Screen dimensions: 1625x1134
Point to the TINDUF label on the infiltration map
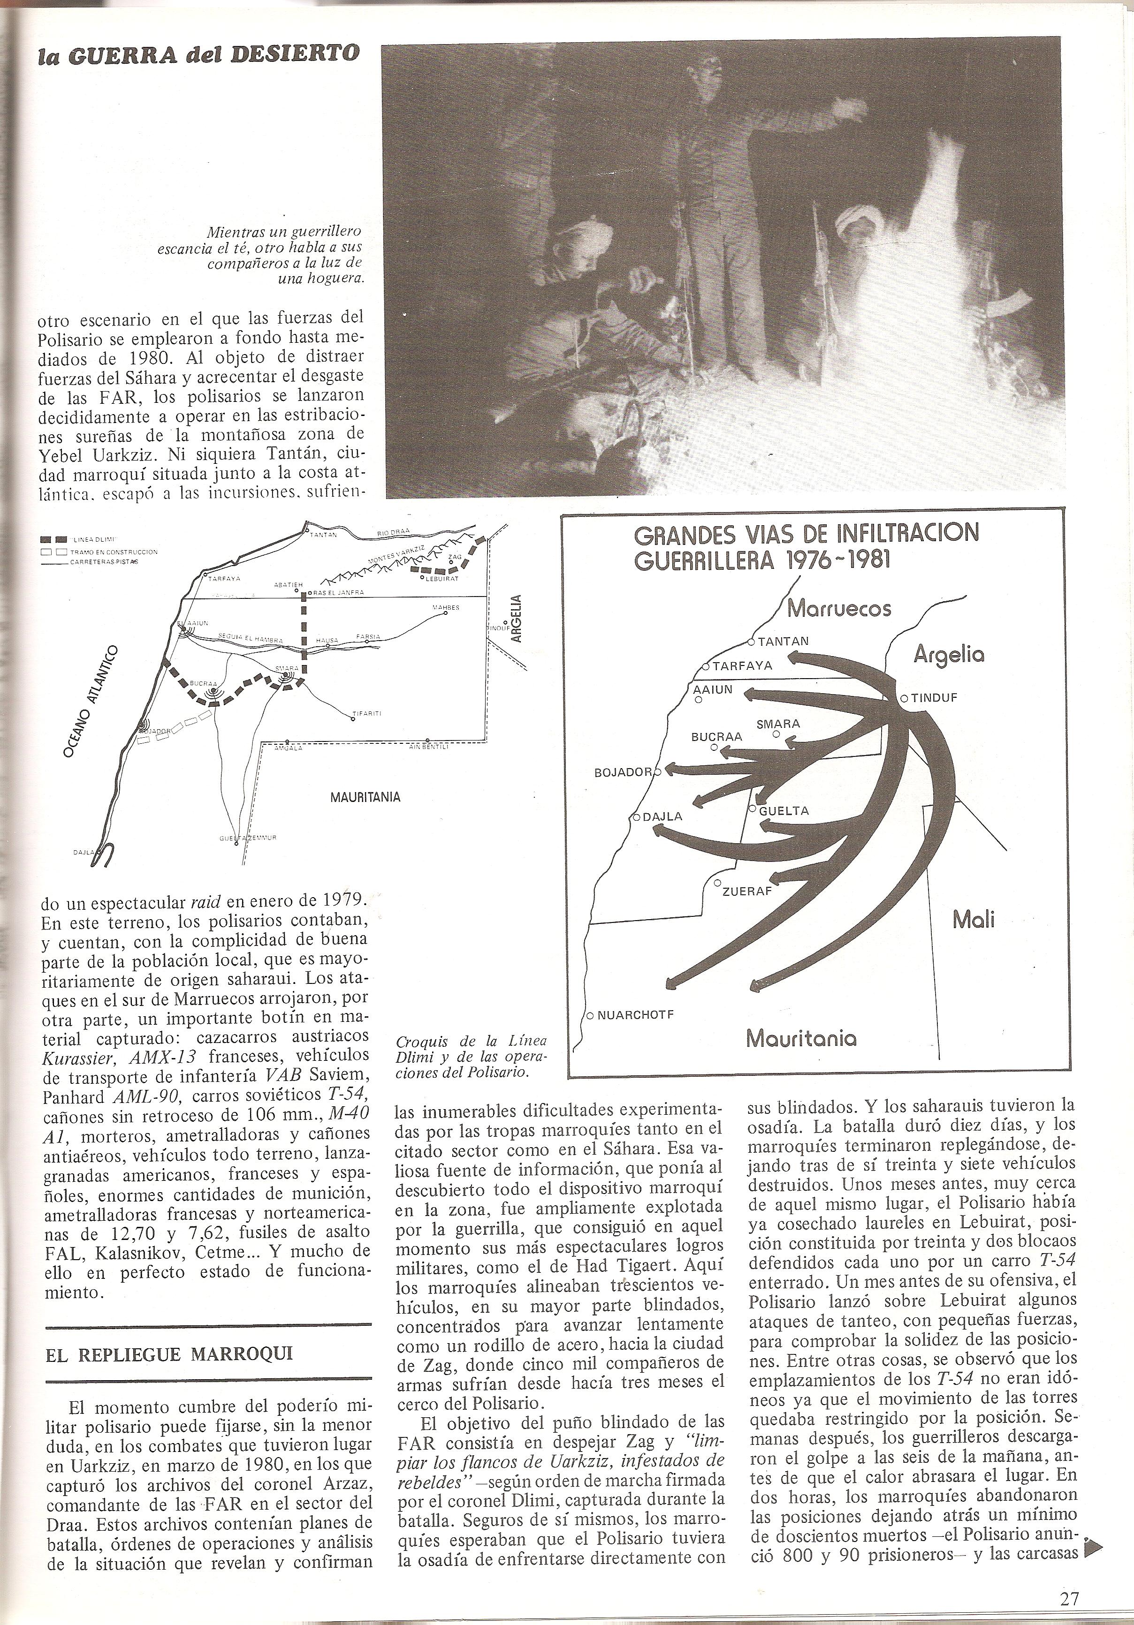tap(933, 698)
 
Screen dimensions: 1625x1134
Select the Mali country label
tap(974, 920)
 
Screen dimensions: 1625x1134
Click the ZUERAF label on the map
tap(746, 892)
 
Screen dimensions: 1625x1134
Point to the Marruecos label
tap(839, 609)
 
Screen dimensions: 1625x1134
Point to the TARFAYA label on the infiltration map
tap(741, 666)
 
